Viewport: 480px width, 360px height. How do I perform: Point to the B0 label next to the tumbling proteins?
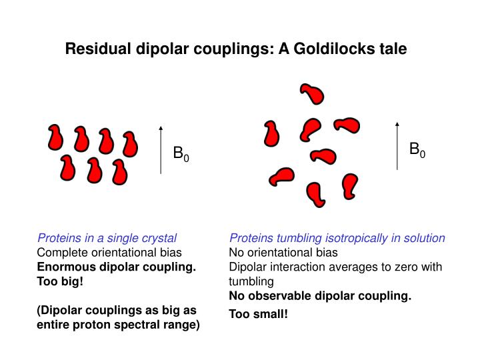pos(417,150)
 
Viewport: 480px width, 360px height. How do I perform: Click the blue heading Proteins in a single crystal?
pos(107,238)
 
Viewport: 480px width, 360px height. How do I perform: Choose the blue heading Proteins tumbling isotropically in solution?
pos(337,238)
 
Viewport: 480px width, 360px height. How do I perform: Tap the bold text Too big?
pos(60,281)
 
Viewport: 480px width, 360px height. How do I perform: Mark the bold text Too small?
pos(259,313)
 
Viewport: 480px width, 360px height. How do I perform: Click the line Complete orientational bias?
pos(109,253)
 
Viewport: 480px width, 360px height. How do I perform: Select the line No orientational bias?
pos(283,253)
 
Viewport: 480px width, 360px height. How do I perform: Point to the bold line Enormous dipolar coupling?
pos(116,267)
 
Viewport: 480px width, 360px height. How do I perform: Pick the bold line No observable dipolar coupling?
pos(320,295)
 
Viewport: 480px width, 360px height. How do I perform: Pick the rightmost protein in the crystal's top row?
pos(129,142)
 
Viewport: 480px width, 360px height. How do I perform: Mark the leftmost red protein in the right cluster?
pos(271,133)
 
